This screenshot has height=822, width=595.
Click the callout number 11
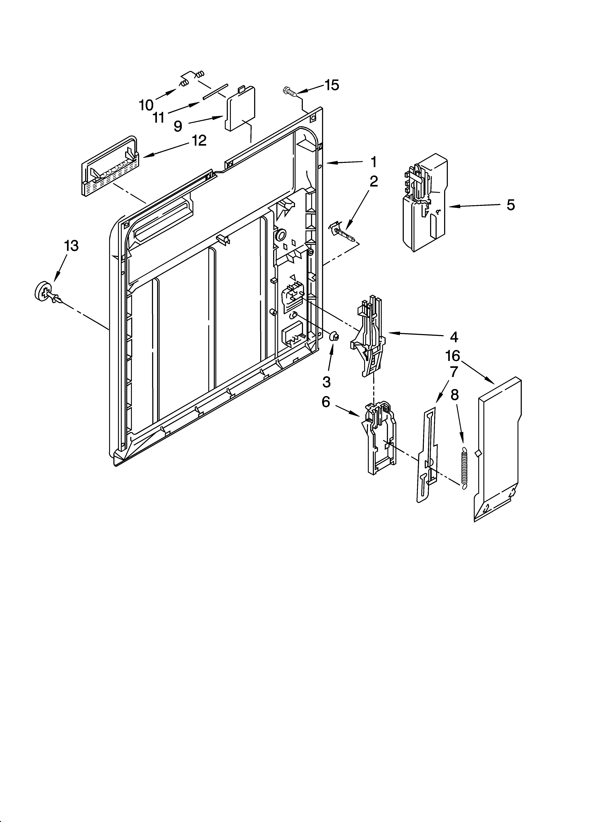(158, 117)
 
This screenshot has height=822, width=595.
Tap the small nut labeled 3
(334, 336)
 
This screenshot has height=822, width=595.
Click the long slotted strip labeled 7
(428, 453)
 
